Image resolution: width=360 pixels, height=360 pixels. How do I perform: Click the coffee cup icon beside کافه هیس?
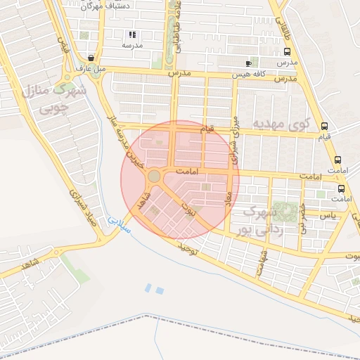[x=248, y=63]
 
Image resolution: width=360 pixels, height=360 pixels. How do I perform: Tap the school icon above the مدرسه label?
[x=131, y=34]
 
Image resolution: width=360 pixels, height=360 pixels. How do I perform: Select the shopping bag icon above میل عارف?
[x=91, y=58]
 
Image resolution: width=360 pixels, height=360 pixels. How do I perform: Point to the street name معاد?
[x=228, y=200]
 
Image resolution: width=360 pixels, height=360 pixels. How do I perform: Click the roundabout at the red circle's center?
[x=153, y=175]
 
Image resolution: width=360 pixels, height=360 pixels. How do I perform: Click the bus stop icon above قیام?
[x=324, y=127]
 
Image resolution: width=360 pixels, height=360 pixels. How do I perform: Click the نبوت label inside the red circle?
[x=188, y=208]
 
